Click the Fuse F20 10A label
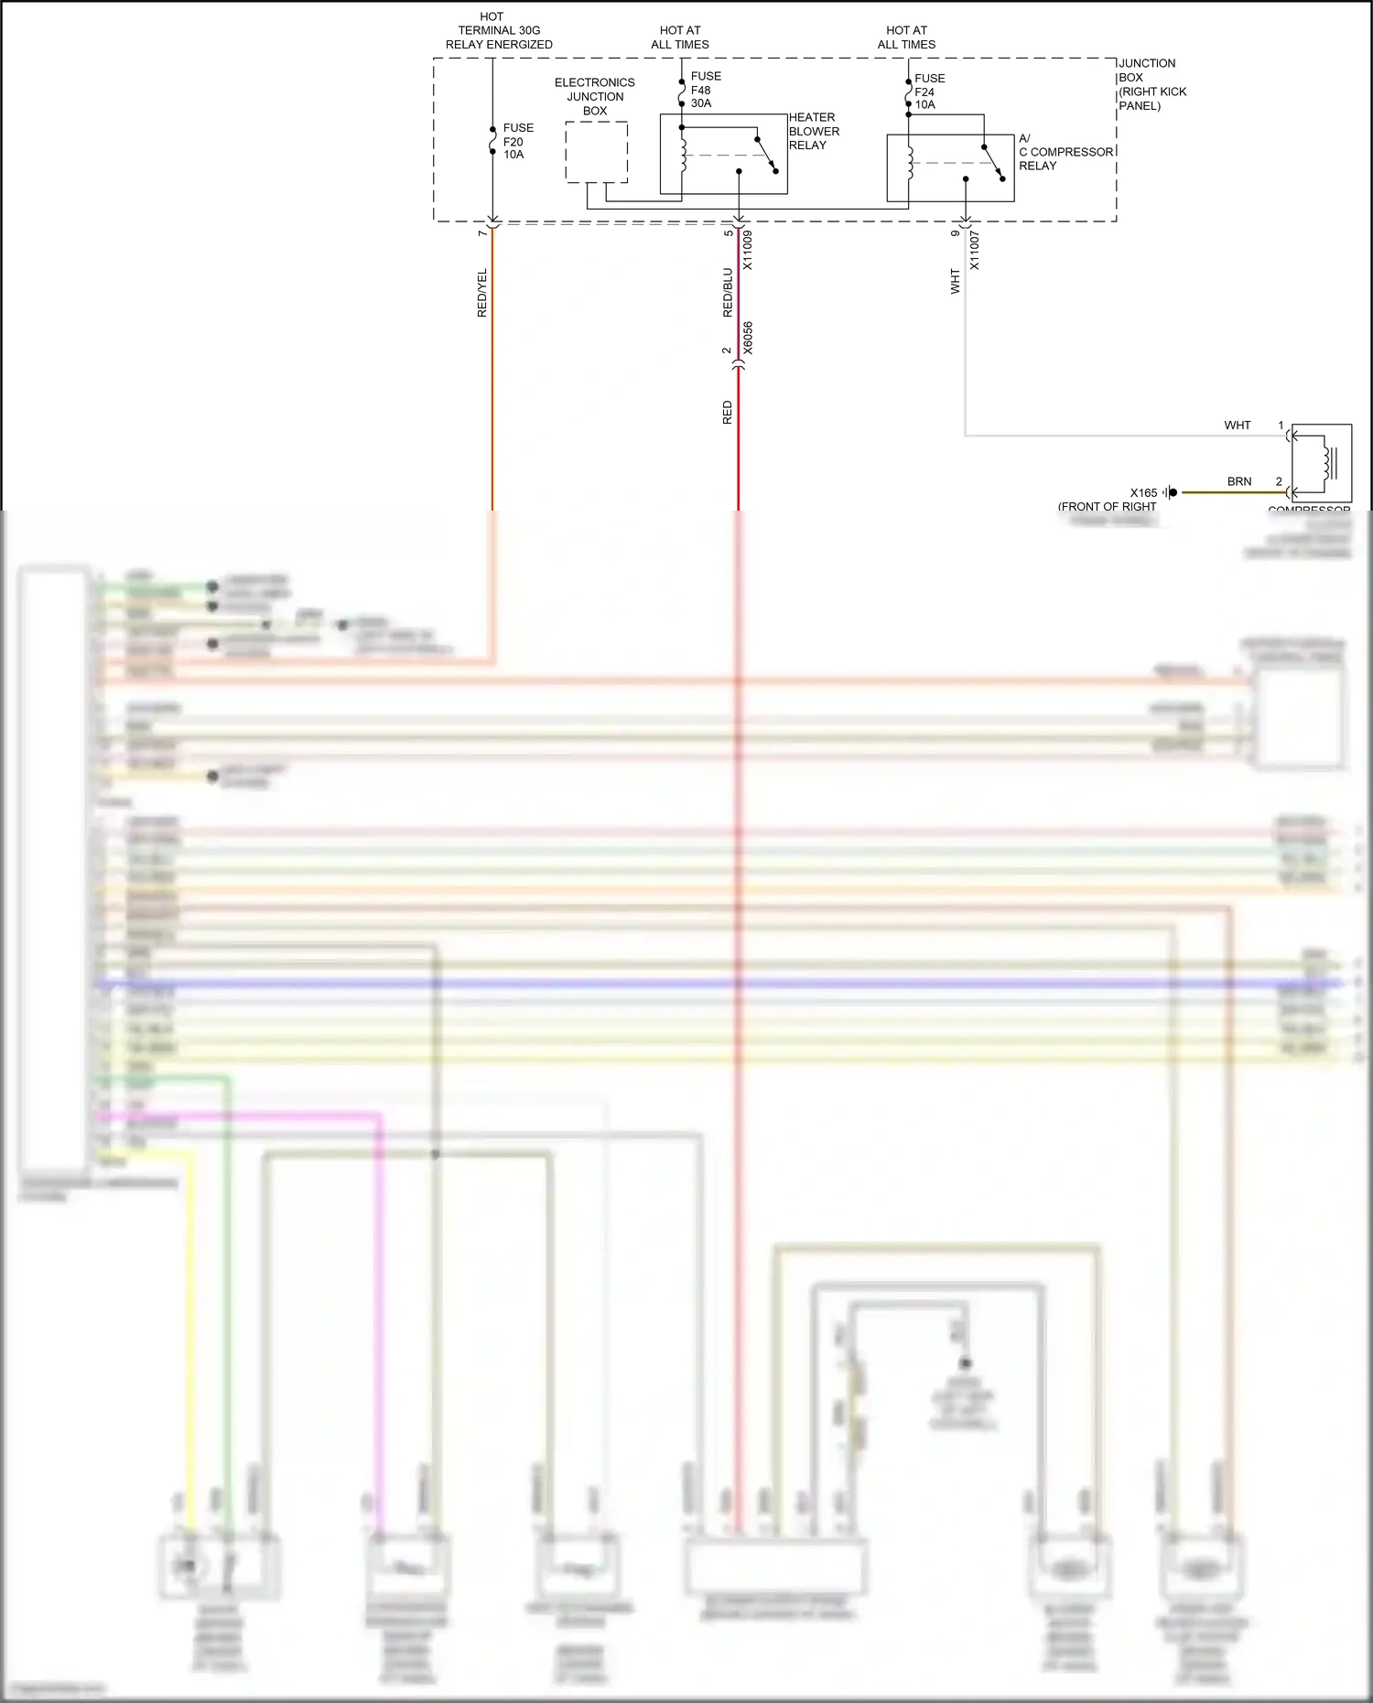pyautogui.click(x=517, y=142)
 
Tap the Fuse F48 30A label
pyautogui.click(x=705, y=90)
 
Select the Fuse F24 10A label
pyautogui.click(x=929, y=92)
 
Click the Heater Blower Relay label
pyautogui.click(x=814, y=131)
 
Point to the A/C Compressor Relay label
pyautogui.click(x=1065, y=152)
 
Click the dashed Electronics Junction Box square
pyautogui.click(x=596, y=152)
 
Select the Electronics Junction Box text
pyautogui.click(x=595, y=96)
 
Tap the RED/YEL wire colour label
pyautogui.click(x=482, y=293)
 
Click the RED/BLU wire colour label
pyautogui.click(x=728, y=293)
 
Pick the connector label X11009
pyautogui.click(x=748, y=250)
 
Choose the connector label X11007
pyautogui.click(x=975, y=251)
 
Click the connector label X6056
pyautogui.click(x=748, y=338)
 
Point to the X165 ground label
pyautogui.click(x=1143, y=492)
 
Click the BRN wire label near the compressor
pyautogui.click(x=1239, y=481)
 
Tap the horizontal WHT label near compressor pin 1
pyautogui.click(x=1237, y=426)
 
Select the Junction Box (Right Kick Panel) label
pyautogui.click(x=1151, y=84)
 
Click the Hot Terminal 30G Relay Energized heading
pyautogui.click(x=499, y=30)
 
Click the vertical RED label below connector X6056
pyautogui.click(x=728, y=413)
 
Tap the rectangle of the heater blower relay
pyautogui.click(x=723, y=154)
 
